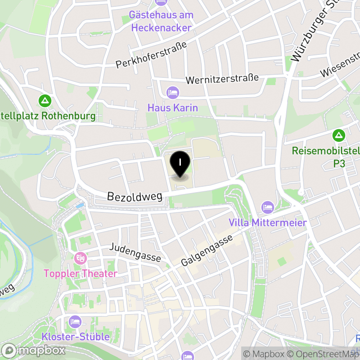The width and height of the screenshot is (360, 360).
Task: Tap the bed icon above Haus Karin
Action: coord(173,93)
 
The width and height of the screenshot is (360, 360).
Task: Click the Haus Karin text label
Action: coord(173,108)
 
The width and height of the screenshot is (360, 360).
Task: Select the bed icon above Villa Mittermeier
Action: coord(268,207)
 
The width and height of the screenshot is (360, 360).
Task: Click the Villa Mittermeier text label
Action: coord(268,222)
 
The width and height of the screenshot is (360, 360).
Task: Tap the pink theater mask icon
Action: coord(81,258)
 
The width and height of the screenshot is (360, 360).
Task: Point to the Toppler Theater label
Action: coord(81,273)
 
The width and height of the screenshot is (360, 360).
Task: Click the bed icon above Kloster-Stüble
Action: coord(75,322)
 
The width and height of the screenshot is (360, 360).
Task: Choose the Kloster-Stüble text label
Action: coord(75,337)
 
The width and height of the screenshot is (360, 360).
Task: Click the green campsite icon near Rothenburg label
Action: coord(45,100)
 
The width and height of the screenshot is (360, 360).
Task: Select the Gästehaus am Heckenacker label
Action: coord(161,21)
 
